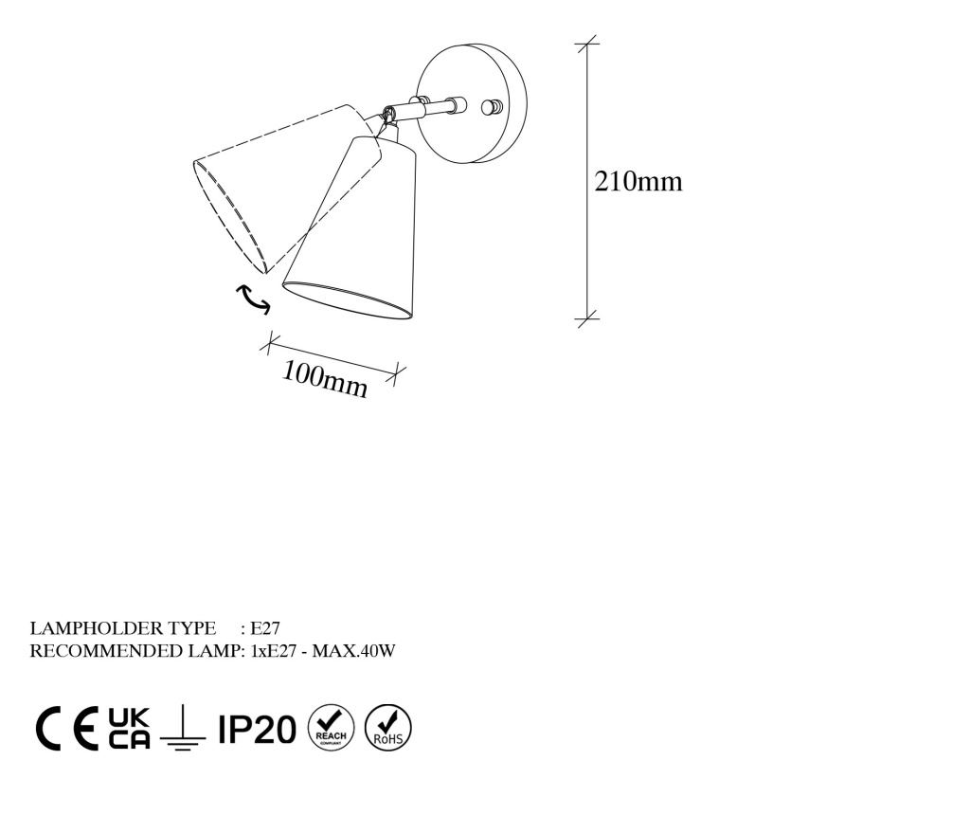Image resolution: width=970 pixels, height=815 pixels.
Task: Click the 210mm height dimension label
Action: (638, 181)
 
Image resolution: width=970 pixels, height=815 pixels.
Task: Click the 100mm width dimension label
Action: (325, 379)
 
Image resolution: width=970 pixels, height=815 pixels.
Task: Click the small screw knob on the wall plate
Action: (493, 107)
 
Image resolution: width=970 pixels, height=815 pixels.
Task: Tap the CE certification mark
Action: (67, 729)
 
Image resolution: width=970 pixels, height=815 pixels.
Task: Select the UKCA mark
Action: (129, 729)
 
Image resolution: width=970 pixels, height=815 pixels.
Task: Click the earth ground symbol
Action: (183, 729)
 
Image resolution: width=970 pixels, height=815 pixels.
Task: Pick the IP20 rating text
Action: (257, 729)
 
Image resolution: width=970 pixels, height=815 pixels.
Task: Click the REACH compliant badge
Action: (331, 728)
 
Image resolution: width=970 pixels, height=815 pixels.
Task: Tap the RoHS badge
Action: (387, 728)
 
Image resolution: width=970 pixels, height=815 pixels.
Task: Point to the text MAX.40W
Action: (353, 651)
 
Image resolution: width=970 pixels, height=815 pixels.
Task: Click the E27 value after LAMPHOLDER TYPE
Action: (265, 628)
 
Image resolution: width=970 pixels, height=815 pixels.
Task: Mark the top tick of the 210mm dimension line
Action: (587, 44)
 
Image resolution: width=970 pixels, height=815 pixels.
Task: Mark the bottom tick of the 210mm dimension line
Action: (587, 318)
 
